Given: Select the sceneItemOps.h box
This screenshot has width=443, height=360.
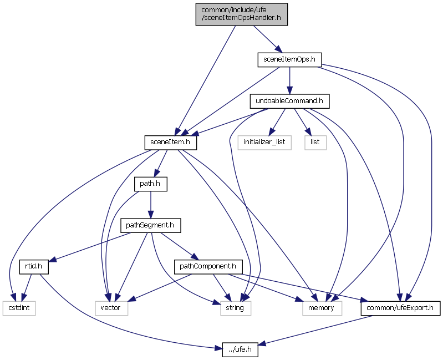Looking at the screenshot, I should click(x=289, y=59).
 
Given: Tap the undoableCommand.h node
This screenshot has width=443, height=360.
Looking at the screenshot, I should click(x=289, y=101).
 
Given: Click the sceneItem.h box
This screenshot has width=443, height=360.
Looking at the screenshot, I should click(x=170, y=142).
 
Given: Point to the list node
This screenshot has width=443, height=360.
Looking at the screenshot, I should click(x=315, y=142).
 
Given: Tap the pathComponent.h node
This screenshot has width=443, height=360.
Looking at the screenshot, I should click(x=208, y=266).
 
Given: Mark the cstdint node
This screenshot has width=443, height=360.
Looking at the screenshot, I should click(x=18, y=307).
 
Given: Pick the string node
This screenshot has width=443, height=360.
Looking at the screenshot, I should click(x=231, y=307).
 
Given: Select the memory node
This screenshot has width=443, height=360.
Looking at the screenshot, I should click(x=322, y=307).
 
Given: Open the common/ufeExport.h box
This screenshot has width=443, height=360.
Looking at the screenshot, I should click(x=400, y=307).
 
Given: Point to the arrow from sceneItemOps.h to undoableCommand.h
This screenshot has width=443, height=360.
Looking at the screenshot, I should click(x=289, y=80).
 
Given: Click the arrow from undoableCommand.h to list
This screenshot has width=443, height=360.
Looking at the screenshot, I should click(x=303, y=121).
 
